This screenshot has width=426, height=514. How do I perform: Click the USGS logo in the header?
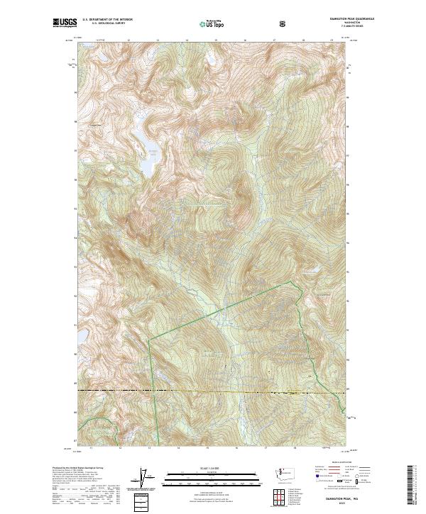[x=63, y=23]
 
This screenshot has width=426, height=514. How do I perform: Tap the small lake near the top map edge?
[x=211, y=61]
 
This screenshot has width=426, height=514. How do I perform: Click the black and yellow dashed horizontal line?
[x=213, y=391]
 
